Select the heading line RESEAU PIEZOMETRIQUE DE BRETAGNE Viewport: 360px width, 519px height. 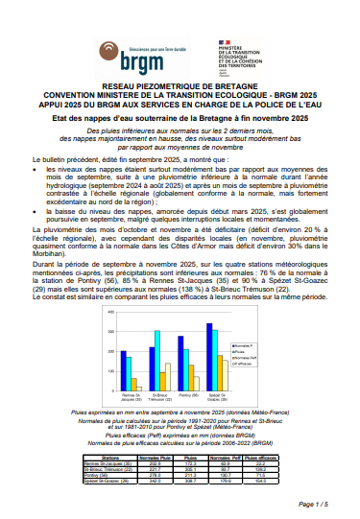tap(180, 86)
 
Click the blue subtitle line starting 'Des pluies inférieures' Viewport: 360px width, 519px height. tap(180, 129)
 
